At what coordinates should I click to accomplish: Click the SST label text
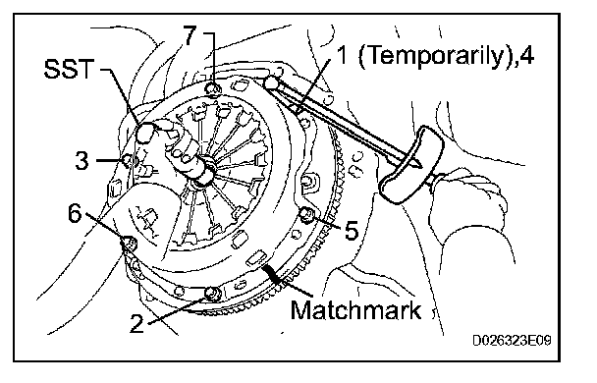coord(69,69)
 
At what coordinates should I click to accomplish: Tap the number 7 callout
coord(190,36)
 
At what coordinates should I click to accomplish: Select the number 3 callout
coord(81,160)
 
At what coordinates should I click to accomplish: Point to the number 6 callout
coord(75,213)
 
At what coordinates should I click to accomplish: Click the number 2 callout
coord(137,324)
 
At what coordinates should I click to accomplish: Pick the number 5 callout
coord(352,230)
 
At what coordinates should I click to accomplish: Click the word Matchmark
coord(356,310)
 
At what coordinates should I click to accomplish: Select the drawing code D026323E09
coord(512,340)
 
